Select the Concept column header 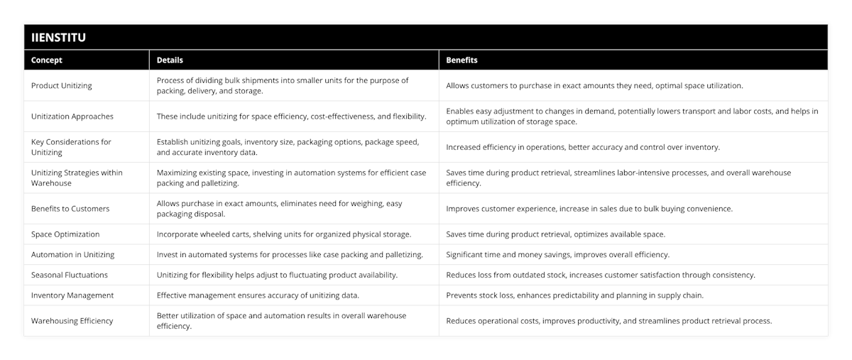pos(46,60)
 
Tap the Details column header pos(170,60)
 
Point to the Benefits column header pos(461,60)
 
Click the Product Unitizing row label pos(62,85)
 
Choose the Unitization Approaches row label pos(72,116)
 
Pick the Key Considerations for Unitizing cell pos(71,147)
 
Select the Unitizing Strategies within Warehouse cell pos(77,178)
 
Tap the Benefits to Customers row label pos(69,209)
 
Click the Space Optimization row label pos(65,234)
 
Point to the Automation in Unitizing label pos(72,254)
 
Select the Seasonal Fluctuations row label pos(70,275)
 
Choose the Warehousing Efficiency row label pos(72,320)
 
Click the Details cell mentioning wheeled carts pos(283,234)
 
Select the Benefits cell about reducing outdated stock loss pos(600,275)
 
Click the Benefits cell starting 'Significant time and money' pos(557,254)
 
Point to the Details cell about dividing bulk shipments pos(283,85)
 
